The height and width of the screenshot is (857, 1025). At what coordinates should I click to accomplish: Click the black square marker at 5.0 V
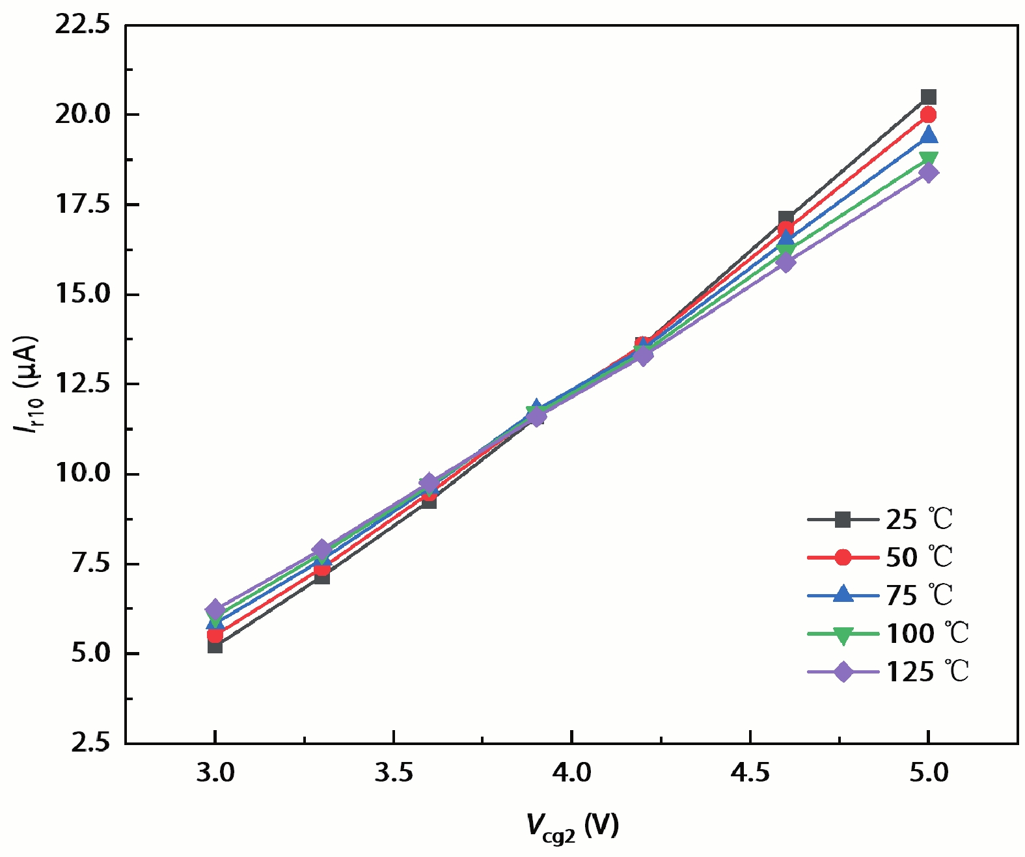929,98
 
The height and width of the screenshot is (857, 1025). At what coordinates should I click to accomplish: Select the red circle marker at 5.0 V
929,115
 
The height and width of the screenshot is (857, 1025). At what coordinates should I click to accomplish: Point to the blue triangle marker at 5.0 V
929,135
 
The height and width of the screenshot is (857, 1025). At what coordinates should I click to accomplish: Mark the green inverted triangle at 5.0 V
929,159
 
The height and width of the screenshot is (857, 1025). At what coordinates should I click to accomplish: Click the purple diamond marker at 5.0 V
929,172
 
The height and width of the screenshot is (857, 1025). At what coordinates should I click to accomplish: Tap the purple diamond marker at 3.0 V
215,610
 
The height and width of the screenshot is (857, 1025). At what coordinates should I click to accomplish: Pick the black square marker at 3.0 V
215,646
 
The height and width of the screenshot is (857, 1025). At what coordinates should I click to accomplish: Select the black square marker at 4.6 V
786,219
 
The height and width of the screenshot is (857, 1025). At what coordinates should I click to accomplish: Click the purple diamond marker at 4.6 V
786,262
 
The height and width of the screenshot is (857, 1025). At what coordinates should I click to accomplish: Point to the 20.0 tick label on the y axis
82,115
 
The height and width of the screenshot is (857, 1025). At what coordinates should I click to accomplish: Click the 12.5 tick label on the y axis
82,384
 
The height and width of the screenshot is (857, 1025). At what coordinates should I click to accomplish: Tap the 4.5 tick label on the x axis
750,772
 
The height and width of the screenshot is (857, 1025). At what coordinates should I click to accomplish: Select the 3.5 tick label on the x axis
393,772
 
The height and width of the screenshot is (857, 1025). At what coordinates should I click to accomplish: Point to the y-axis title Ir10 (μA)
27,385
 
